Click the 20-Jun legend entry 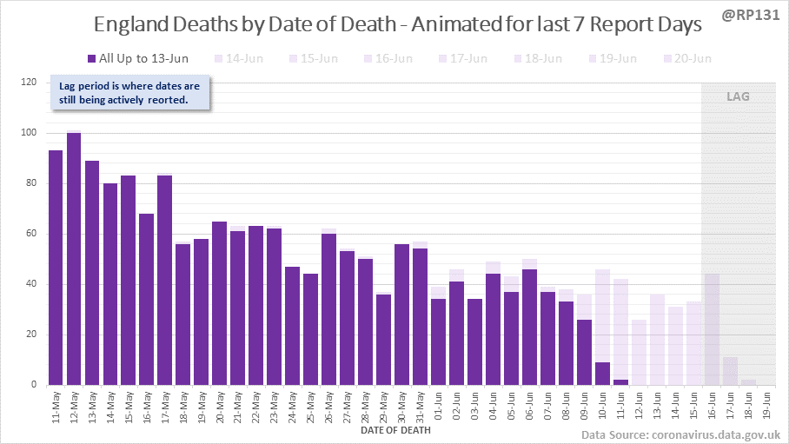point(686,59)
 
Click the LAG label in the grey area point(738,96)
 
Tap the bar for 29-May point(383,339)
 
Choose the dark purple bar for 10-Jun point(602,374)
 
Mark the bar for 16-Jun point(712,329)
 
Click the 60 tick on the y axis point(33,234)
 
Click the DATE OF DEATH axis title point(395,429)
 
